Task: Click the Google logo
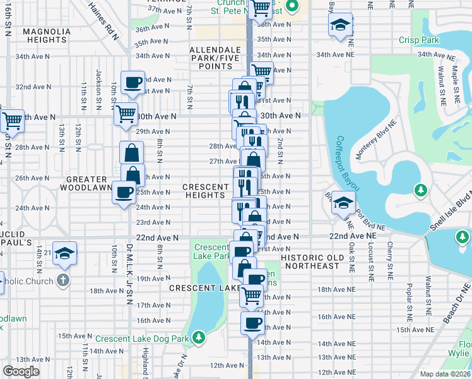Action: [x=21, y=371]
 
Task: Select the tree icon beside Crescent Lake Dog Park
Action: [x=199, y=338]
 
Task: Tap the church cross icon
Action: [x=62, y=280]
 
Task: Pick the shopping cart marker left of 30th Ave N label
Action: [x=126, y=114]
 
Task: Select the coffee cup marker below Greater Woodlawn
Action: [x=124, y=191]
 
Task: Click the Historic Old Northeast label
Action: [x=313, y=262]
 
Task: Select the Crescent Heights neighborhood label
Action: [x=206, y=191]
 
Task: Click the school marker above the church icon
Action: [x=65, y=253]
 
